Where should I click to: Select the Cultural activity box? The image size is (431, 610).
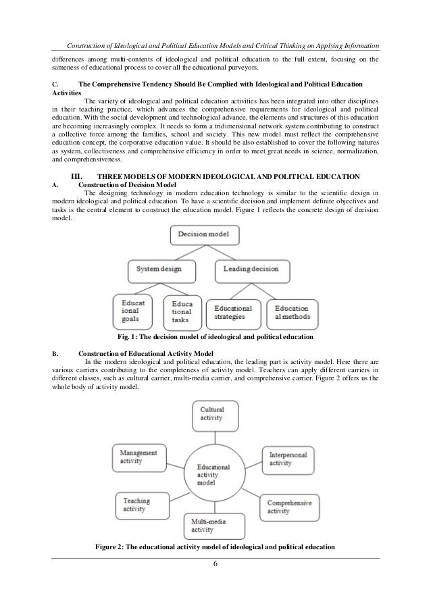(215, 413)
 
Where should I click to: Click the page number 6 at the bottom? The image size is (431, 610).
(215, 565)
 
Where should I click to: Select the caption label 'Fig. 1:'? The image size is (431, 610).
(128, 336)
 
